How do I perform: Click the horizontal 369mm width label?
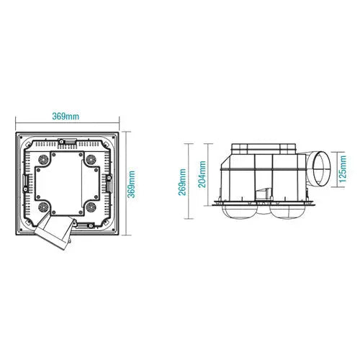(66, 117)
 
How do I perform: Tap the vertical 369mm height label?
(131, 184)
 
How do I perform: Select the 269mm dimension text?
(182, 182)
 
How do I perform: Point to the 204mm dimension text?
(202, 174)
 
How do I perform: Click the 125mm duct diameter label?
(343, 168)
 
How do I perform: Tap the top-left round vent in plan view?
(43, 159)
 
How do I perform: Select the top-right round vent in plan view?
(91, 159)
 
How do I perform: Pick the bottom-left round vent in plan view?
(43, 207)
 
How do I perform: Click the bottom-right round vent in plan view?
(91, 207)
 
